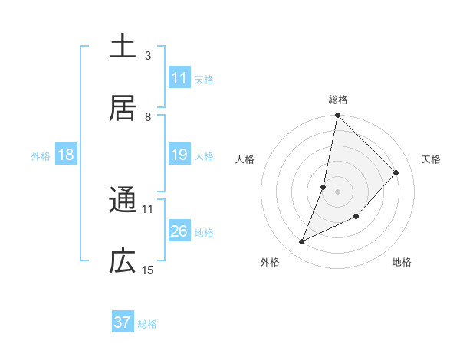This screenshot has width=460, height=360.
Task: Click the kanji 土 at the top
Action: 123,46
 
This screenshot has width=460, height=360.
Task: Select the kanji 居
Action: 123,108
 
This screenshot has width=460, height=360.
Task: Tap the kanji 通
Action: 123,200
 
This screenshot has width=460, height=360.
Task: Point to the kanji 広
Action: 123,262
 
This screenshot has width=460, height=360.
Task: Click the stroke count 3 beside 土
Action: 148,55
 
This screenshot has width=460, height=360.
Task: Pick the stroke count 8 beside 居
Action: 148,116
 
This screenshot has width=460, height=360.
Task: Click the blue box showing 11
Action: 179,78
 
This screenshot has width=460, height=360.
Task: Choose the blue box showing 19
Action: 179,155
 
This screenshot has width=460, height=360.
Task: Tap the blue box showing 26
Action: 179,231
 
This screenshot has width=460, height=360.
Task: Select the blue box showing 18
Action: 66,155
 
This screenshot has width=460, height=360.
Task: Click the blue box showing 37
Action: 123,322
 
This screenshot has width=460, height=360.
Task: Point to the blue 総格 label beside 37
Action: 147,324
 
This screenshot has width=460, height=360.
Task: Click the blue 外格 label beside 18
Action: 41,156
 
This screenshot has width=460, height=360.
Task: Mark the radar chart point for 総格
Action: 337,116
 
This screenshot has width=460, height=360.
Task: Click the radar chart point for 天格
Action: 396,172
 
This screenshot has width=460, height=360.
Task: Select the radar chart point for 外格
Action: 302,242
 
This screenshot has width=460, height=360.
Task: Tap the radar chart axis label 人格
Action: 245,159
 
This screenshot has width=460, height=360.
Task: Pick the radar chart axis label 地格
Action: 402,263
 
